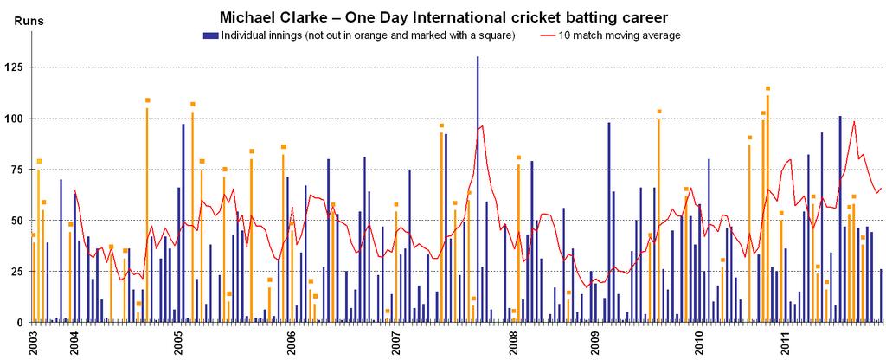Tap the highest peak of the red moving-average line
(x=854, y=121)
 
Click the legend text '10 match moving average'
(x=620, y=35)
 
